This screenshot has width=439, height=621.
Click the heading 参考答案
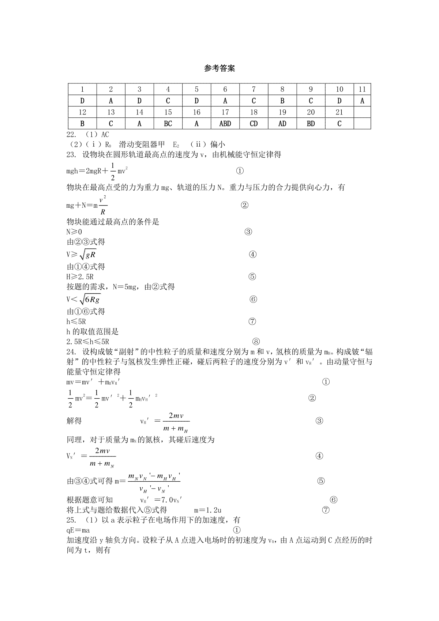(219, 68)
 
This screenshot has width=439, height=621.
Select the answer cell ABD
(225, 124)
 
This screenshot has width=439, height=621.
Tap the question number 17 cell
(225, 112)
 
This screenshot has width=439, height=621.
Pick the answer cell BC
(168, 124)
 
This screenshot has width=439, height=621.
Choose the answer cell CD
(254, 124)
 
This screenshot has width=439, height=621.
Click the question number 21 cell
(339, 112)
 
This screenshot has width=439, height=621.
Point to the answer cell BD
(311, 124)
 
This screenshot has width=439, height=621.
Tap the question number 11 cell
(362, 89)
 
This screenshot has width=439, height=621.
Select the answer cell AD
(282, 124)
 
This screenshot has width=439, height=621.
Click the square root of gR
(88, 255)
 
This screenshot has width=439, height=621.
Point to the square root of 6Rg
(90, 300)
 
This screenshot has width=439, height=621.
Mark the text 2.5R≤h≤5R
(88, 342)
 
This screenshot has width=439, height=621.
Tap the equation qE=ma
(78, 530)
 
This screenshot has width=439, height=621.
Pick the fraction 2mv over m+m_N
(102, 457)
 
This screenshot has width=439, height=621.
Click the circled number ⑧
(256, 342)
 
